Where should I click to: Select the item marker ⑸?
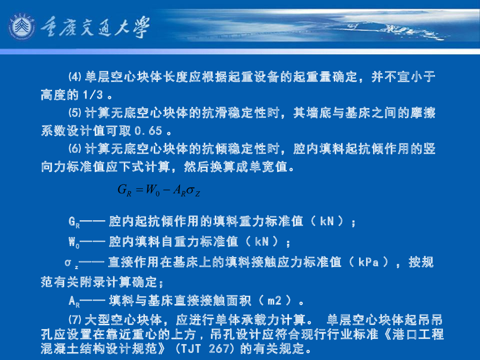click(75, 113)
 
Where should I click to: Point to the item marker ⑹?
click(75, 149)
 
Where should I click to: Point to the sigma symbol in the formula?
click(191, 191)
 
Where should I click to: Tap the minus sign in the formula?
click(166, 191)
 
